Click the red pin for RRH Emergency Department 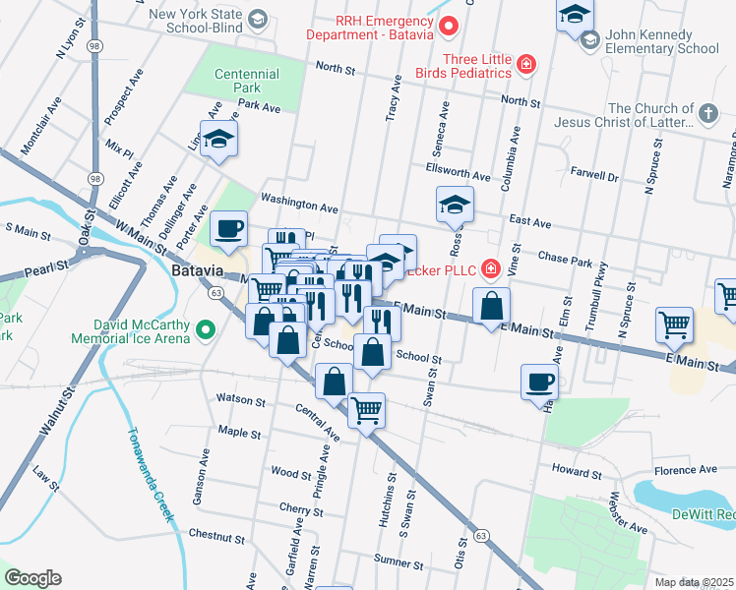click(449, 27)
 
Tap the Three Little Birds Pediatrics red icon click(527, 66)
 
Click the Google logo click(32, 577)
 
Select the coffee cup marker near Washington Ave click(228, 229)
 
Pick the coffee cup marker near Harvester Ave click(540, 382)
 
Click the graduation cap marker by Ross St click(454, 205)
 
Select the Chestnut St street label click(215, 537)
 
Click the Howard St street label click(576, 469)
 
